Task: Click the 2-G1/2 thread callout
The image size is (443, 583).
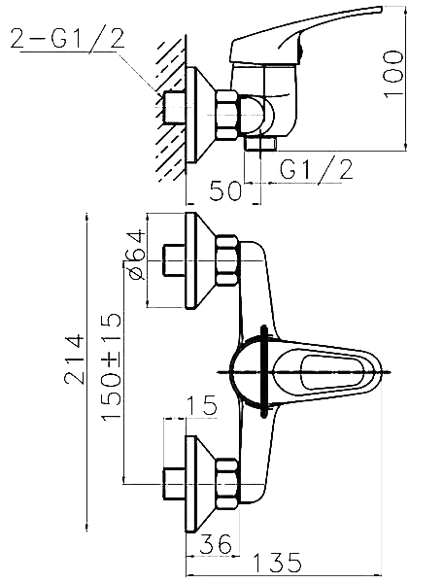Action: click(x=67, y=38)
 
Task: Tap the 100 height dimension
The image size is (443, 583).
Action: click(x=393, y=75)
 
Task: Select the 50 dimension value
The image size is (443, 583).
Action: click(x=225, y=190)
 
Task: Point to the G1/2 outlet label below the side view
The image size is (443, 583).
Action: click(x=316, y=170)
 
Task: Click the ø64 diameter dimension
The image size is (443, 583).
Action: click(x=135, y=255)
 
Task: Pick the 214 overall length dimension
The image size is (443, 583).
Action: click(x=74, y=360)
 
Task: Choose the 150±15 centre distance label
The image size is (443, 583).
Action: click(x=112, y=367)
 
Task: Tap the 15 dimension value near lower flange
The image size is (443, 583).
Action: click(x=201, y=405)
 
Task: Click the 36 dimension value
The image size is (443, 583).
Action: click(x=216, y=544)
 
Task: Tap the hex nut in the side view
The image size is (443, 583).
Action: click(x=227, y=116)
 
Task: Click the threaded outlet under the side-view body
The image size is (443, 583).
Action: click(x=260, y=144)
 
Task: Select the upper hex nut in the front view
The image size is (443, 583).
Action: click(x=227, y=260)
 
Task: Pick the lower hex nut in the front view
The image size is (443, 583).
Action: click(x=227, y=483)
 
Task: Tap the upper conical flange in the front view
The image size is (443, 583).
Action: click(x=201, y=260)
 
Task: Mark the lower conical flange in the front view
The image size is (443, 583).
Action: click(x=201, y=484)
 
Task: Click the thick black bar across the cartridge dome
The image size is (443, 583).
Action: click(x=264, y=372)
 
